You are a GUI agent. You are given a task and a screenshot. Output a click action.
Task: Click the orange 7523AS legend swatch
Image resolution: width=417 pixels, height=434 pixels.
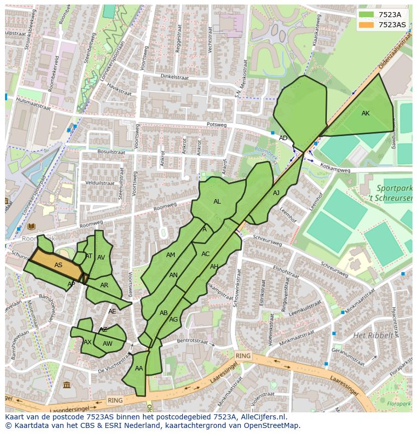tap(367, 25)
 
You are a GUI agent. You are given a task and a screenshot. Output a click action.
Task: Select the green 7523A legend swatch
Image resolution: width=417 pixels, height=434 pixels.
tap(367, 15)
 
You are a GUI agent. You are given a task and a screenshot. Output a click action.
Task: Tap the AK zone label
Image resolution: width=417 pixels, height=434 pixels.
tap(366, 113)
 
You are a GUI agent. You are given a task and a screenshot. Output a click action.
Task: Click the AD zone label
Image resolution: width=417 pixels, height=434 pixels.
tap(283, 138)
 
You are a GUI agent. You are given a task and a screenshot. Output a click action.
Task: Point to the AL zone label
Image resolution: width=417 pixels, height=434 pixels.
tap(217, 202)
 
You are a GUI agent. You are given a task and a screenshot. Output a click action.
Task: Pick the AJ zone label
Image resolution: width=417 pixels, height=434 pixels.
tap(276, 193)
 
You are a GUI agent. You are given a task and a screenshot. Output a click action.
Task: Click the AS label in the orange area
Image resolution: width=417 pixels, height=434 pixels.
tap(58, 265)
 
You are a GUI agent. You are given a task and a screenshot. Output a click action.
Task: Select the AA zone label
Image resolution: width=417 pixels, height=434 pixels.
tap(139, 368)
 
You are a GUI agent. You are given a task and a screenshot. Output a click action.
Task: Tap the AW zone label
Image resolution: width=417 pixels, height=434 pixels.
tap(107, 344)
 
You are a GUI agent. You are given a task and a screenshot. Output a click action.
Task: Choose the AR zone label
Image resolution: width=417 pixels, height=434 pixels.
tap(104, 285)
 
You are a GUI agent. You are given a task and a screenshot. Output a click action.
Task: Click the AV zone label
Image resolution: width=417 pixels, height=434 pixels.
tap(101, 258)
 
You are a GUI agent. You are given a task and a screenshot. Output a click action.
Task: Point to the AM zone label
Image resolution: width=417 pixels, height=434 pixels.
tap(171, 255)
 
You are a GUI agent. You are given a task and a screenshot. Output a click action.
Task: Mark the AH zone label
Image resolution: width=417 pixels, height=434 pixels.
tap(214, 267)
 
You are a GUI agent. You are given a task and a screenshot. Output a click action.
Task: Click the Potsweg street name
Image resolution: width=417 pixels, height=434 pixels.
tap(217, 125)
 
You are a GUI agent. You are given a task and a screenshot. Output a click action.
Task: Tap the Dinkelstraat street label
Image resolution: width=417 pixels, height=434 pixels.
tap(173, 77)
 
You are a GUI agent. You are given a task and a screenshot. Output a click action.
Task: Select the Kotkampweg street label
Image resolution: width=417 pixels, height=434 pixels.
tap(335, 170)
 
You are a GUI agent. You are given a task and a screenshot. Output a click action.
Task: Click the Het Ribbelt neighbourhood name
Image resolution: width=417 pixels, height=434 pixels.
tap(373, 335)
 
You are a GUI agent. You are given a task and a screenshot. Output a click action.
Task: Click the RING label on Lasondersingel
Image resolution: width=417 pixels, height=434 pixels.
tap(115, 400)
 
